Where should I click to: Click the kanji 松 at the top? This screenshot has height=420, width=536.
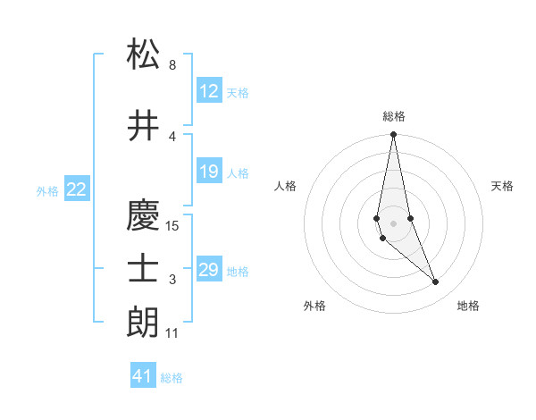coord(144,55)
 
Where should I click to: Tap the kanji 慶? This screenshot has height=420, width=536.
coord(144,214)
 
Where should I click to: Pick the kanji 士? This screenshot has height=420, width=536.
coord(144,269)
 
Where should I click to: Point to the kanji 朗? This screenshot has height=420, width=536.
coord(144,321)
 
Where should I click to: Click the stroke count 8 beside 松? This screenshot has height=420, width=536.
coord(172,65)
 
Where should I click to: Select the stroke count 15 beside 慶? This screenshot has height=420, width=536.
coord(173,226)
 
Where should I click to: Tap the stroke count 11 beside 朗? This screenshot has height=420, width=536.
coord(173,333)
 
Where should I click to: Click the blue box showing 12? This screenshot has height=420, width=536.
coord(209,91)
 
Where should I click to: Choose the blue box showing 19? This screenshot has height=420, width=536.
coord(209,172)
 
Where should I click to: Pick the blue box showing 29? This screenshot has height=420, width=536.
coord(209,270)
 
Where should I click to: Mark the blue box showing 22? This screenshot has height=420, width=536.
coord(77,189)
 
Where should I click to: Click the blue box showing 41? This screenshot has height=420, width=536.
coord(143,376)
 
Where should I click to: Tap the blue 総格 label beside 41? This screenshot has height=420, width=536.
coord(172,378)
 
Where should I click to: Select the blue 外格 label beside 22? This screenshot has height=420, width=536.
coord(47,190)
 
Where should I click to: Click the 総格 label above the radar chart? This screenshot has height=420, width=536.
coord(394,116)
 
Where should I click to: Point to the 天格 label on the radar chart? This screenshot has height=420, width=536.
coord(502,186)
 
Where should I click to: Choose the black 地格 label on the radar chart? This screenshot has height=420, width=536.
coord(468,306)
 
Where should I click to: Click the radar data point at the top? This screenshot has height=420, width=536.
coord(393,135)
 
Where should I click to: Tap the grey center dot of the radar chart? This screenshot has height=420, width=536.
coord(393,223)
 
